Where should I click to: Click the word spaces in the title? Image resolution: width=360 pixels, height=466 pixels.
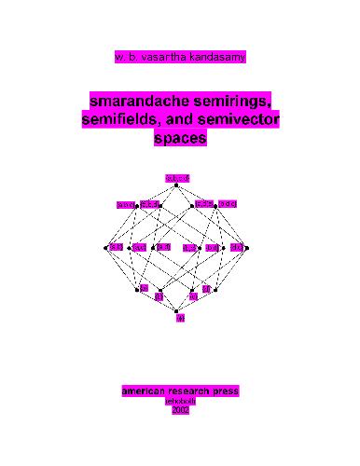tap(178, 139)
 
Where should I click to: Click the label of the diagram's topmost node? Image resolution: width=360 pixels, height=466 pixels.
tap(177, 177)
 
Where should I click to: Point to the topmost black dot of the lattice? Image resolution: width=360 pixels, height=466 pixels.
tap(177, 185)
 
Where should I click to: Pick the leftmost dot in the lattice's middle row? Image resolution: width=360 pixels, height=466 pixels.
tap(106, 248)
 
